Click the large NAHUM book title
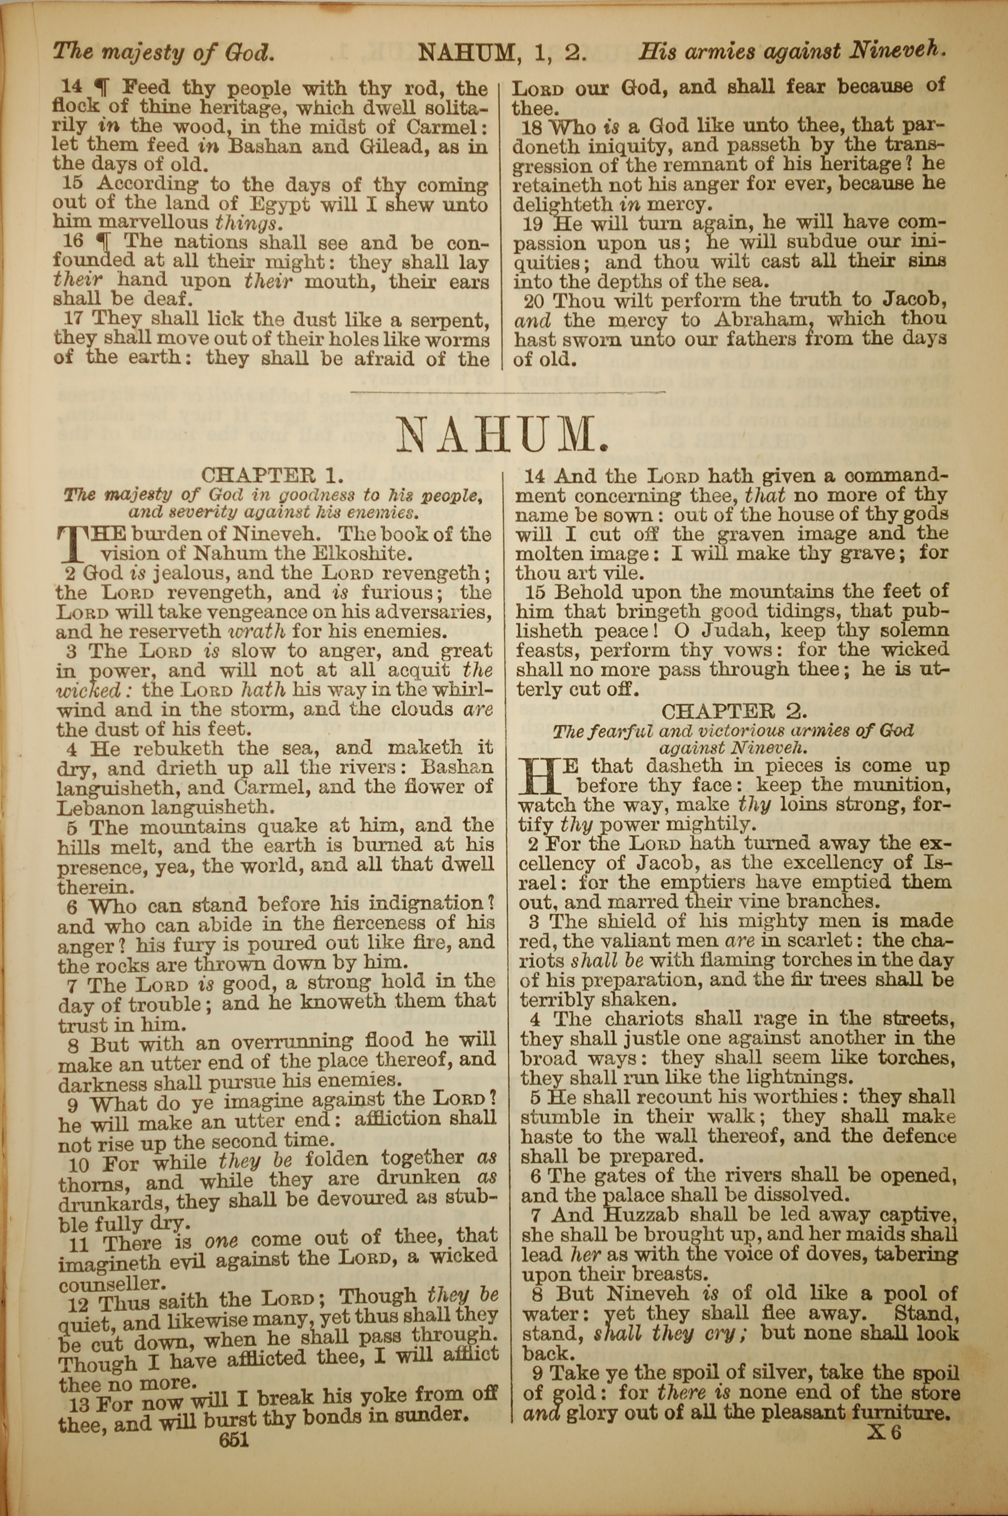pos(501,436)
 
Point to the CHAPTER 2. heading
pos(734,711)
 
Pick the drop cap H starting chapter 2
pos(540,776)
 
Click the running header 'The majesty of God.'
pos(163,51)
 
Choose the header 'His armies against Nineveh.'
pos(792,51)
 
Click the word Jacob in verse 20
pos(910,299)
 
